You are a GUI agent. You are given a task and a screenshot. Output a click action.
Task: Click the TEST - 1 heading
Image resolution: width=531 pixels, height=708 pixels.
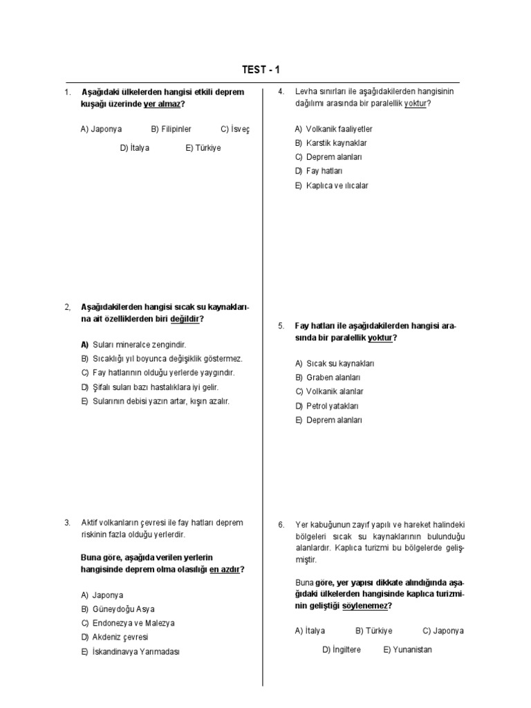(261, 69)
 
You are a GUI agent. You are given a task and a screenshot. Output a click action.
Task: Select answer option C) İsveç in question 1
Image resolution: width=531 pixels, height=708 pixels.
(234, 129)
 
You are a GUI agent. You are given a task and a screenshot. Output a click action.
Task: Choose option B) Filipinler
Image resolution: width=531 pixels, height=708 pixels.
(171, 129)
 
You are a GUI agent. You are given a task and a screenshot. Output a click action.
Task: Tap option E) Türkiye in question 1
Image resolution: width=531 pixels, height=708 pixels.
(203, 148)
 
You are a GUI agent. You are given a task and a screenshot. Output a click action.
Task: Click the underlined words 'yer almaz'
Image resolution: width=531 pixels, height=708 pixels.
(163, 104)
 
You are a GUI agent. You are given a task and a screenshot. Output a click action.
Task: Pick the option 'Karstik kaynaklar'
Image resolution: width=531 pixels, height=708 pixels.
(330, 143)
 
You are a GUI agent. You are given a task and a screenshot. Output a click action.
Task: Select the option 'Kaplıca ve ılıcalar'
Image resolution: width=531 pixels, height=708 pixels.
(331, 185)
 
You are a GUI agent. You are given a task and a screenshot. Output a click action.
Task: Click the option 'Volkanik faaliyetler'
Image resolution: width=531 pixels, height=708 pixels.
(333, 129)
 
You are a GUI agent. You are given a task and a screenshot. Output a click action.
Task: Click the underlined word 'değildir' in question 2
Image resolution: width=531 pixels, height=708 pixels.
(185, 319)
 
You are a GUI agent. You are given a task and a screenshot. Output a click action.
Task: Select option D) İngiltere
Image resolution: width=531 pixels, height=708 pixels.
(342, 650)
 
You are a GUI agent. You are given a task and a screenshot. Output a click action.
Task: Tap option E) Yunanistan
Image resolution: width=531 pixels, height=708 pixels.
(407, 650)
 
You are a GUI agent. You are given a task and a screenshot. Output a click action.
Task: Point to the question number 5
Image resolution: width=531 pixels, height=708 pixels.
(281, 325)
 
